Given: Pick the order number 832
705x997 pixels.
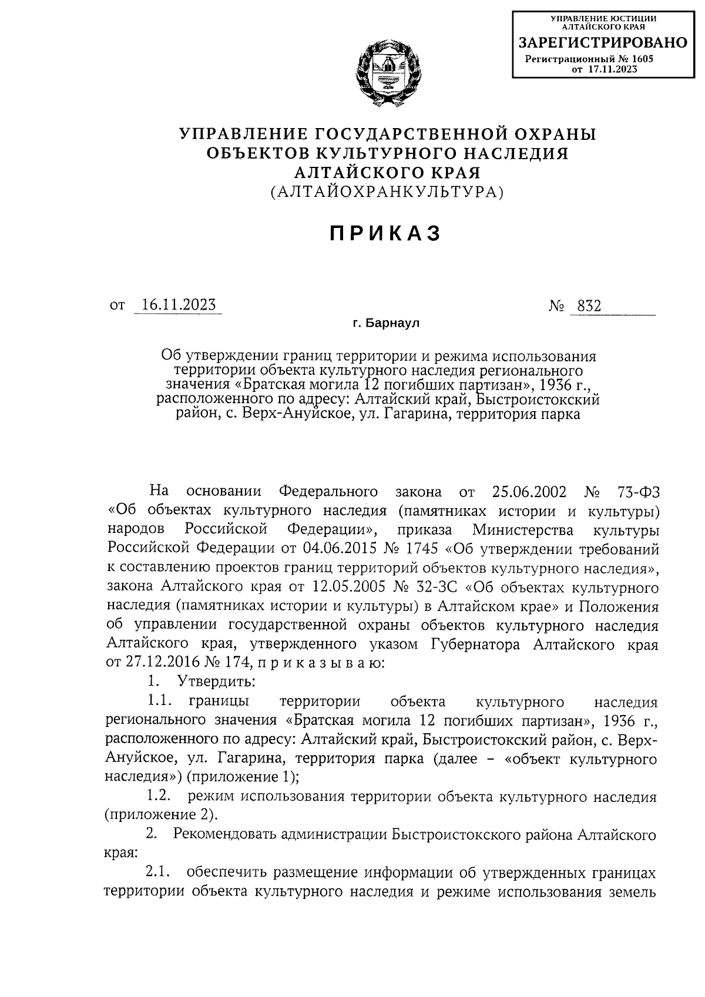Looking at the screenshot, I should [589, 306].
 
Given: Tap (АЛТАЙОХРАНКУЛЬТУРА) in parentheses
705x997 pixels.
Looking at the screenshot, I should [387, 192].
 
